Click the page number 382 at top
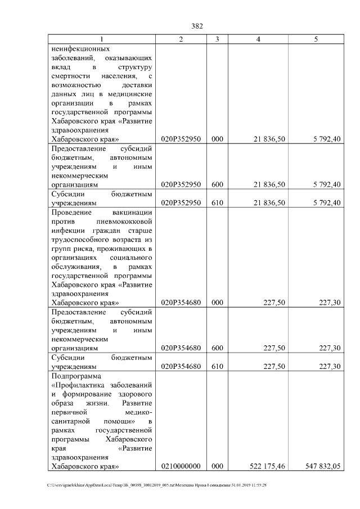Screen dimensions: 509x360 [197, 26]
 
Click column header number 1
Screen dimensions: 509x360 [101, 39]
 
